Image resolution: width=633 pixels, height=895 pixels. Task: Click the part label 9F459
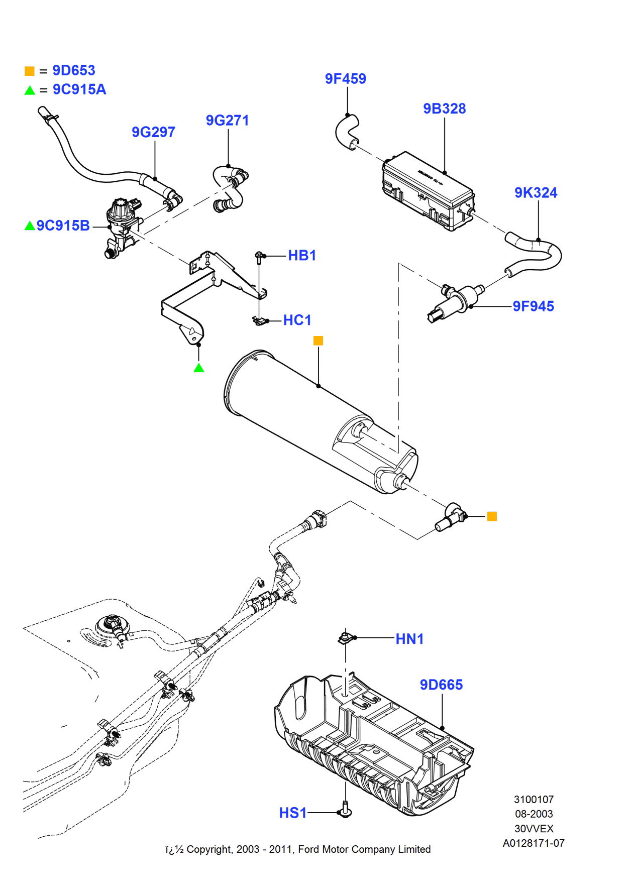(x=345, y=79)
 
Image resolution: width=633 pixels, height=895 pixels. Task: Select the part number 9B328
(x=444, y=108)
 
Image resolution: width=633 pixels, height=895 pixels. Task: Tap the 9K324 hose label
(x=536, y=193)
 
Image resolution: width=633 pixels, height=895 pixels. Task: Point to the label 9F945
(x=533, y=306)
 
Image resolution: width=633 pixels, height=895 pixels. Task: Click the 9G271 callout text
(x=227, y=121)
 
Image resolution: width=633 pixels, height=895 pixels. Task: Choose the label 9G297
(x=153, y=132)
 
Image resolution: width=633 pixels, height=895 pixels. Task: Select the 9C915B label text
(x=63, y=226)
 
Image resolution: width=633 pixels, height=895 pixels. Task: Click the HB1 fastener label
(x=302, y=256)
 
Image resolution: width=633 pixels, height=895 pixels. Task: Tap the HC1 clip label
(x=297, y=320)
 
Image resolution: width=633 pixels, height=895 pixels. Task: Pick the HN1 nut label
(x=409, y=639)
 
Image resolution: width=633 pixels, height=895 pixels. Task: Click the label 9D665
(x=441, y=685)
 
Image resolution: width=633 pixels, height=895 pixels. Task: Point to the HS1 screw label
(x=292, y=813)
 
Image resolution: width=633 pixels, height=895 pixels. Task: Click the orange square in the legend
(x=30, y=71)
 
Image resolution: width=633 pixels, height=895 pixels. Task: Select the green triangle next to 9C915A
(x=30, y=90)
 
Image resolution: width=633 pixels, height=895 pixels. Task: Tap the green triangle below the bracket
(x=199, y=368)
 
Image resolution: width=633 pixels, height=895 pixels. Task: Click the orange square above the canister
(x=318, y=341)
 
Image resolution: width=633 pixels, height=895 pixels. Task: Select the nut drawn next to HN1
(x=345, y=638)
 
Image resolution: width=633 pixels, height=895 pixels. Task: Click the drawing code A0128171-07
(x=534, y=843)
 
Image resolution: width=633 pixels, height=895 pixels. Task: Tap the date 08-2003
(x=534, y=814)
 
